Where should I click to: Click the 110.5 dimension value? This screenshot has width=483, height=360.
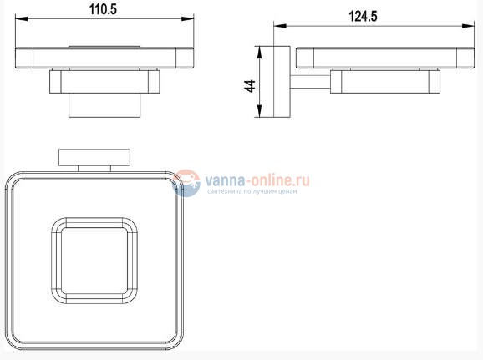click(x=103, y=9)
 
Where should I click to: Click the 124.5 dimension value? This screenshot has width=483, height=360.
click(x=363, y=17)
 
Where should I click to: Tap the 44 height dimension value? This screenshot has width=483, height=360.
click(x=250, y=86)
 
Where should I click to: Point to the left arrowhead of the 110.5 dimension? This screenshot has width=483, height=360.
click(x=21, y=18)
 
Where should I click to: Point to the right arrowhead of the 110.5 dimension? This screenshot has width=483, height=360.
click(x=187, y=18)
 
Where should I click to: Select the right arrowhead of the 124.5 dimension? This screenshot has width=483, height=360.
click(x=468, y=26)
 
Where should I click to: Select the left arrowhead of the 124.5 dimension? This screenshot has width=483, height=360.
click(x=280, y=26)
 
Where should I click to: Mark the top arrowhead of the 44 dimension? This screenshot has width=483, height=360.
click(x=259, y=53)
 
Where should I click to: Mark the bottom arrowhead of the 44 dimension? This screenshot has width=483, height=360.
click(x=259, y=111)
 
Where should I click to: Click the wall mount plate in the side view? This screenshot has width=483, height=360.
click(x=282, y=82)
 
